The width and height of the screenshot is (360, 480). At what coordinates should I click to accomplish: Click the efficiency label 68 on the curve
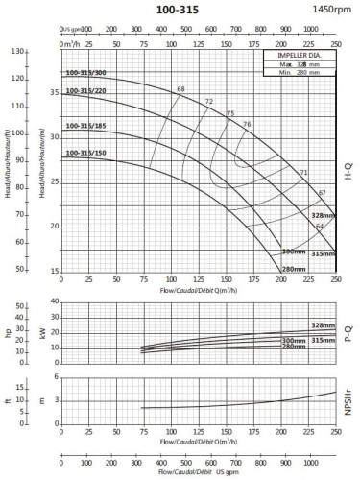[180, 89]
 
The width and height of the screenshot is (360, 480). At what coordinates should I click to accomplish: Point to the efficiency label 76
[247, 124]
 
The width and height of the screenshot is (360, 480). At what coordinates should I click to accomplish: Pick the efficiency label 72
[209, 101]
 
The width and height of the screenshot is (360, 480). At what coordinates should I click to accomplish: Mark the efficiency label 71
[303, 172]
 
